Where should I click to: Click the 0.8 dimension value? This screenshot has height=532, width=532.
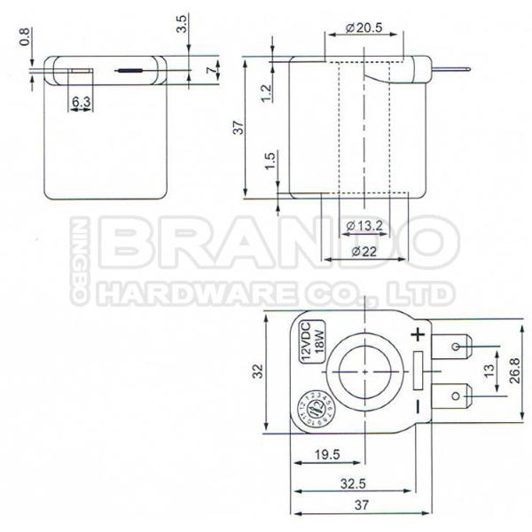click(x=25, y=37)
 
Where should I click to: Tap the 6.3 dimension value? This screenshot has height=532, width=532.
click(x=82, y=102)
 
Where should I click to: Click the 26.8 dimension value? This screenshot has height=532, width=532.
click(x=514, y=369)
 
